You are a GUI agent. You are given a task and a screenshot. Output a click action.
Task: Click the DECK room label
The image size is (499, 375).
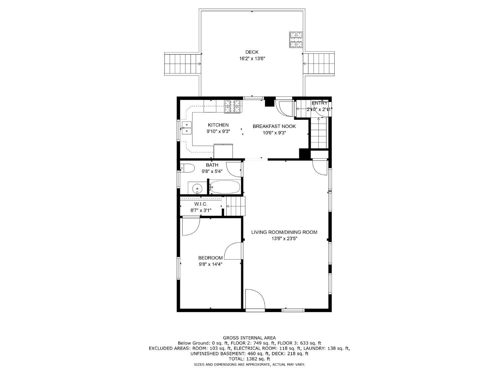252,52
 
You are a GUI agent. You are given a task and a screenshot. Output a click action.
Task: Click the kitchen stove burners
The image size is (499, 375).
232,107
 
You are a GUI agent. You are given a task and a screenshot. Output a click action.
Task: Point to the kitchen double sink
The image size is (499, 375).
187,128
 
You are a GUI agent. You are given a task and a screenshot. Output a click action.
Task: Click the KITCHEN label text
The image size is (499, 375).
218,125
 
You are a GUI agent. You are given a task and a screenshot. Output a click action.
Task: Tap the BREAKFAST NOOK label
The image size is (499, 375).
274,126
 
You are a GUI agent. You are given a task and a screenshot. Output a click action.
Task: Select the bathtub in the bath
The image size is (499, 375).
225,187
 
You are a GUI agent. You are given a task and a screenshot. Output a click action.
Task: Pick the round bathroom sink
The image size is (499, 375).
197,188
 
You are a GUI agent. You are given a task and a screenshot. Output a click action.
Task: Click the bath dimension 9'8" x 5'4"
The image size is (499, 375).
212,171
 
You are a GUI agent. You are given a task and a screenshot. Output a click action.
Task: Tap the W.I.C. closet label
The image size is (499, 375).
201,204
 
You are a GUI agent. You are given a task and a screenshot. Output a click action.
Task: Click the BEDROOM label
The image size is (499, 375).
210,258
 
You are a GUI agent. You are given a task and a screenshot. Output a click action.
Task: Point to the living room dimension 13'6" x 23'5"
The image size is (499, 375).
284,238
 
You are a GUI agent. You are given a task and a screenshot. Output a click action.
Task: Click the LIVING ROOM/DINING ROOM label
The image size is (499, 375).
284,232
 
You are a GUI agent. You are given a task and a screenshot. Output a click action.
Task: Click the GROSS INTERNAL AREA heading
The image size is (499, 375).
249,338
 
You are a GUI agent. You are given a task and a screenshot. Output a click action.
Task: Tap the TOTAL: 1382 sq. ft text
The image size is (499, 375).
249,359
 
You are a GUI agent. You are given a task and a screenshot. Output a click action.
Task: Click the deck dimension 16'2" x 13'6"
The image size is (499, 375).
252,58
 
